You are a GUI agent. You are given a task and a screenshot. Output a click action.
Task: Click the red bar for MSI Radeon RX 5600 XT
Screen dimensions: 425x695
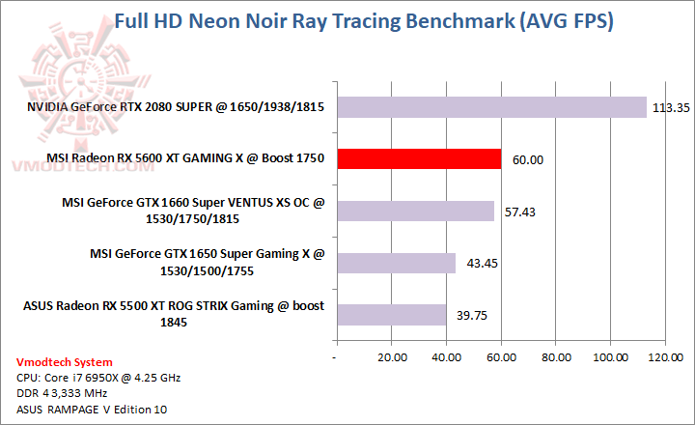click(x=418, y=158)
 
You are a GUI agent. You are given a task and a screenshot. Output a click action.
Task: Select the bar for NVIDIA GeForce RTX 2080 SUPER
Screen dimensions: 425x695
click(x=490, y=106)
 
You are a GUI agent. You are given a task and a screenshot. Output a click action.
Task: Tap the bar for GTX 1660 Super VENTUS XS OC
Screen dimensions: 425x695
click(x=414, y=211)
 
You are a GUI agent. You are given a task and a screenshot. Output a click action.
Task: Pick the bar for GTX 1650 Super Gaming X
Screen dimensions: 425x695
click(x=395, y=263)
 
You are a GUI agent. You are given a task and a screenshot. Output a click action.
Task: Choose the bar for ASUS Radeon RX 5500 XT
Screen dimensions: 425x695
click(x=390, y=315)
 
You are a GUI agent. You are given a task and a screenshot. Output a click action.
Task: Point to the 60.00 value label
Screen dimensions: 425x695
click(x=528, y=159)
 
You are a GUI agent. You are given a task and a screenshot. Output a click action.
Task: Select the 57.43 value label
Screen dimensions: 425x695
click(x=520, y=212)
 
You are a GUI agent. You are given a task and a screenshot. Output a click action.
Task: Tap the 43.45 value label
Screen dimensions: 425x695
click(x=483, y=264)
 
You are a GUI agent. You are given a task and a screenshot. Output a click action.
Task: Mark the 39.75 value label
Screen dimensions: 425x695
click(x=472, y=316)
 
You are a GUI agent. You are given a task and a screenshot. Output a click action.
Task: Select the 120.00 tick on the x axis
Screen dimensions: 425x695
click(x=664, y=357)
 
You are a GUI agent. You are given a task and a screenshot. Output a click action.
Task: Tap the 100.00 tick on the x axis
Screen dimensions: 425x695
click(x=610, y=357)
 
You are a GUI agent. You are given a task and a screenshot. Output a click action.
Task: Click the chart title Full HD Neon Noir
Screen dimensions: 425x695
click(x=363, y=20)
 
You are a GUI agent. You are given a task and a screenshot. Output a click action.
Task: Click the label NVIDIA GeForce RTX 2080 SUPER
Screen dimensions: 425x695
click(x=169, y=105)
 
